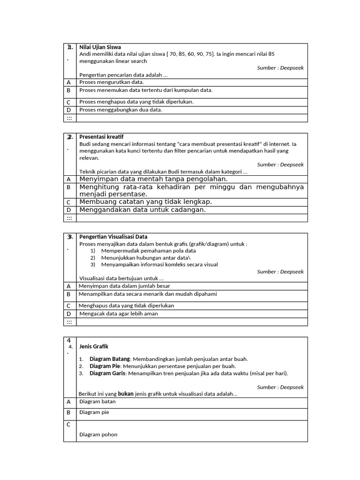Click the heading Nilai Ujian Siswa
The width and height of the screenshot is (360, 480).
(100, 47)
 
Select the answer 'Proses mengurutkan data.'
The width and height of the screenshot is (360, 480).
(112, 82)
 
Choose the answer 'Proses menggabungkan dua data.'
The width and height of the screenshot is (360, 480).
(120, 110)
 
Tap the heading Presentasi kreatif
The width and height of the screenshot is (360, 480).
(101, 136)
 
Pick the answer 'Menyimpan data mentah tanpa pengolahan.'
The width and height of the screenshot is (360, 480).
(153, 179)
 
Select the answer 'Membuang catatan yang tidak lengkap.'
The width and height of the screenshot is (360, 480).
(145, 202)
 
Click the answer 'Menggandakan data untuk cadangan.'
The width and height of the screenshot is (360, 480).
(142, 210)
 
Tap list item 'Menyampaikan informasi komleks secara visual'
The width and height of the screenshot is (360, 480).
(159, 264)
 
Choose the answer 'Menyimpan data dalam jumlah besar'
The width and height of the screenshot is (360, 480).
(124, 285)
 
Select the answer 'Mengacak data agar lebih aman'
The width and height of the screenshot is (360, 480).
(119, 314)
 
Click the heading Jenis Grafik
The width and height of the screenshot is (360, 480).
(94, 346)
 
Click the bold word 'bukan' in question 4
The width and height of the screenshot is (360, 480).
(125, 394)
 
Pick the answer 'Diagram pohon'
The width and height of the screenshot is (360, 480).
(98, 435)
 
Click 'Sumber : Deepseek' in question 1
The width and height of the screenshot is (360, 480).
(280, 68)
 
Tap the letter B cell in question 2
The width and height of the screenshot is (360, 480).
(68, 187)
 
